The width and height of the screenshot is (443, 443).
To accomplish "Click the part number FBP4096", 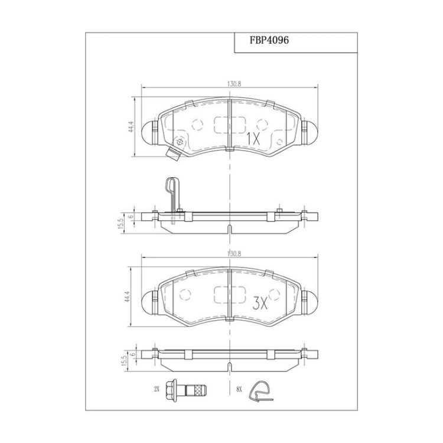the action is point(269,40).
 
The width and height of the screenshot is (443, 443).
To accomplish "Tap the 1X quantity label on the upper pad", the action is point(253,139).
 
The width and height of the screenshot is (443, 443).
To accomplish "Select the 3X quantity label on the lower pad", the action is point(259,304).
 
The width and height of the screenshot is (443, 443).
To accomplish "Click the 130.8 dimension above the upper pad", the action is point(234,84).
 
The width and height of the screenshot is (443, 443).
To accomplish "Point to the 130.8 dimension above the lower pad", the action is point(234,253).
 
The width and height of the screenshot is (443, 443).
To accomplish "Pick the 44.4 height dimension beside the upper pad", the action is point(131,128).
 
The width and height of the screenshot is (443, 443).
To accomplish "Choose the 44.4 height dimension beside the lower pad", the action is point(126,297).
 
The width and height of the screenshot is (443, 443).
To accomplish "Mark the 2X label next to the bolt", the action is point(157,389).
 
